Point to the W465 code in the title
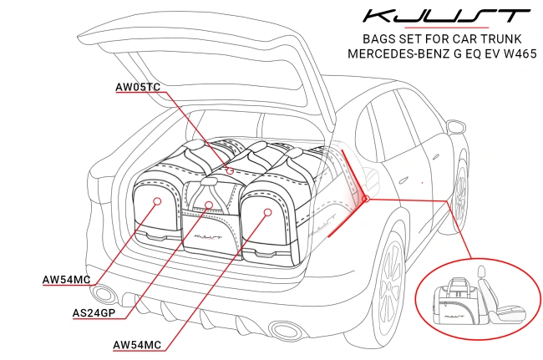coord(515,53)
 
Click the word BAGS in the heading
coord(378,38)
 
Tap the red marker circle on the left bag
coord(157,201)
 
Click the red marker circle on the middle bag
coord(210,204)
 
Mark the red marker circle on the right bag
coord(267,212)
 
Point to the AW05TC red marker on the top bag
coord(230,170)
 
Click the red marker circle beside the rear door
coord(365,198)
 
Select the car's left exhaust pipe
coord(104,293)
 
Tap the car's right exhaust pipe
coord(282,328)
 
